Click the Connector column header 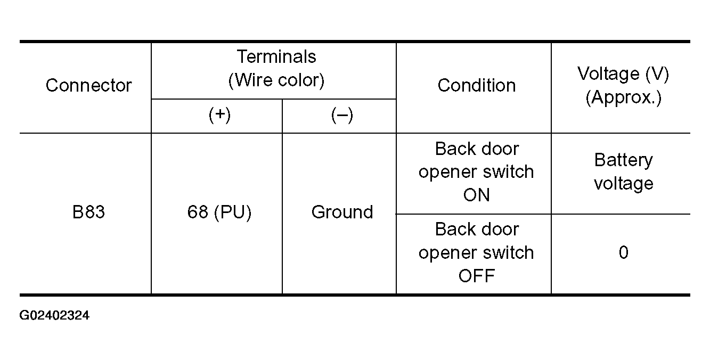point(88,85)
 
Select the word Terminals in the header point(276,57)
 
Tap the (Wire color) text point(276,80)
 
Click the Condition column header point(476,85)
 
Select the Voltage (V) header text point(623,74)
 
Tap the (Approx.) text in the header point(624,97)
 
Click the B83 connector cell point(88,212)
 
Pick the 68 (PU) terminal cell point(219,212)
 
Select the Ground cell point(342,212)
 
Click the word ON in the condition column point(476,194)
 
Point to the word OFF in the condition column point(476,276)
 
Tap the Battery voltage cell point(624,171)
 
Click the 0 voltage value point(624,252)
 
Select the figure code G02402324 point(54,315)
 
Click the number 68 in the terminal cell point(198,212)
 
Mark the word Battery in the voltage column point(624,160)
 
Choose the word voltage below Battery point(624,183)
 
